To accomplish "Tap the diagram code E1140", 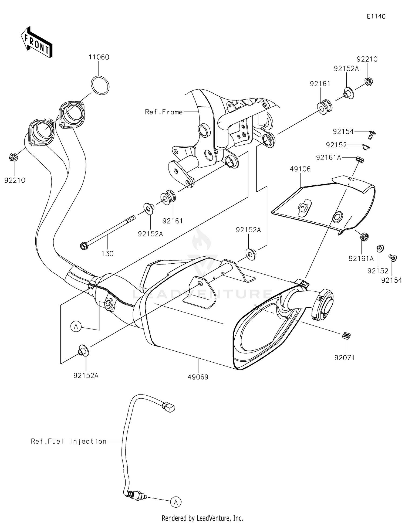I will pyautogui.click(x=376, y=16).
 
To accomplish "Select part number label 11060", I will pyautogui.click(x=99, y=57).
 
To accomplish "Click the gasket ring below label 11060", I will pyautogui.click(x=100, y=85).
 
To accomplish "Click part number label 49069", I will pyautogui.click(x=198, y=377).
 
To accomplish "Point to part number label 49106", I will pyautogui.click(x=300, y=169).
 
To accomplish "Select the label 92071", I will pyautogui.click(x=344, y=358).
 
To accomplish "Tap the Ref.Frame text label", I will pyautogui.click(x=164, y=112).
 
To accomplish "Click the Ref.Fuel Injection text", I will pyautogui.click(x=69, y=441).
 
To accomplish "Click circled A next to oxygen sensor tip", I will pyautogui.click(x=176, y=502).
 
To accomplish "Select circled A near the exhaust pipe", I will pyautogui.click(x=76, y=327).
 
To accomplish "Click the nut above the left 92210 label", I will pyautogui.click(x=13, y=157).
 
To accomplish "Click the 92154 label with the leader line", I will pyautogui.click(x=343, y=131).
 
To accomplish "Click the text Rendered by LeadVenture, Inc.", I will pyautogui.click(x=202, y=518).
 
